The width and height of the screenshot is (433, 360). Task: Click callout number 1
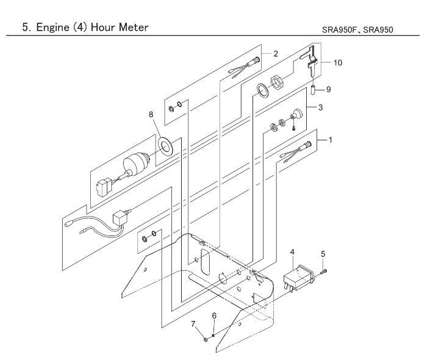(x=331, y=140)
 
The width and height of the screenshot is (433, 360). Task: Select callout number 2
(x=276, y=54)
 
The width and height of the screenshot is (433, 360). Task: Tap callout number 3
(x=320, y=107)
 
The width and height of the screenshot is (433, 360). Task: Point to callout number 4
(x=292, y=252)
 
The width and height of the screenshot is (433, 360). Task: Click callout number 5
(x=323, y=254)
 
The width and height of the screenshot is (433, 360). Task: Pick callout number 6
(x=214, y=315)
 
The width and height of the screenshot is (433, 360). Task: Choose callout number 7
(x=193, y=324)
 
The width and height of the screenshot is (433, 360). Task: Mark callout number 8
(x=151, y=114)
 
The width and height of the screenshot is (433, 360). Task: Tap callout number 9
(x=328, y=90)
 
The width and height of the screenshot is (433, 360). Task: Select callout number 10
(x=338, y=63)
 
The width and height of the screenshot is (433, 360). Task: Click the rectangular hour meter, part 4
(x=299, y=278)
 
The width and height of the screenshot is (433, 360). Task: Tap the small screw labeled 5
(x=324, y=272)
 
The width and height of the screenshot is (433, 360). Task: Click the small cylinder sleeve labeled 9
(x=313, y=90)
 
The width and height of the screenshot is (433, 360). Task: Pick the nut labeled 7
(x=206, y=339)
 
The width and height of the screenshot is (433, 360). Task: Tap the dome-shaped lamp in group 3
(x=297, y=114)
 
